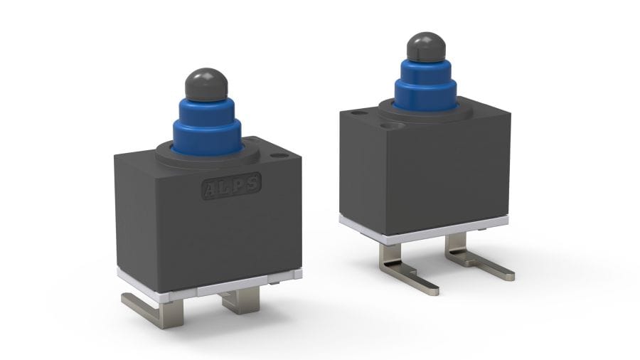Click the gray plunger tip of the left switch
pos(206,84)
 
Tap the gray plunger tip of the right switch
pos(426,47)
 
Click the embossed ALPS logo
pos(231,186)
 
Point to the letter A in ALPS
pos(212,189)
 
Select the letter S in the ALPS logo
pos(252,182)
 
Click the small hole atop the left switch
pos(279,156)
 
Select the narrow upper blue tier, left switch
pos(206,108)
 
